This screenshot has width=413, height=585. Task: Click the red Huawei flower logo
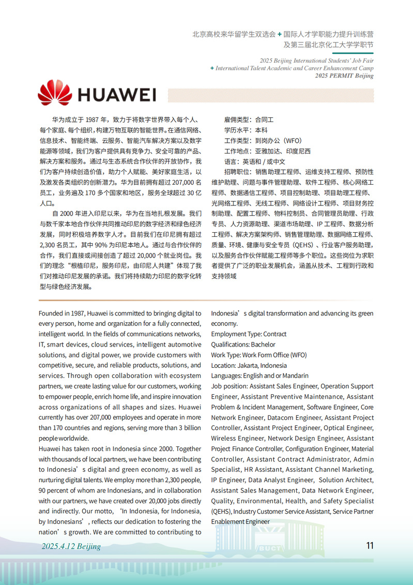point(54,94)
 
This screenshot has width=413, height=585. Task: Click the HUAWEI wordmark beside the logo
point(116,95)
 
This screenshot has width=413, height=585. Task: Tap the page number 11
point(369,546)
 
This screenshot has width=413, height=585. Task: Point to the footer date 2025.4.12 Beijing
point(71,546)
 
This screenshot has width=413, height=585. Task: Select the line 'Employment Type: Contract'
point(249,334)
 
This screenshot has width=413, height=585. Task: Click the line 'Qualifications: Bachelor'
point(243,344)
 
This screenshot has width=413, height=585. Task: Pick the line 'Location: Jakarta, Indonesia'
point(249,365)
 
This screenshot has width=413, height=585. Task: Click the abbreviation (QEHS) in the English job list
point(221,512)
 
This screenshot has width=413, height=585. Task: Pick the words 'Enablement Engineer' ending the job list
point(240,522)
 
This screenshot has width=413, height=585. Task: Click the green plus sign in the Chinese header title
point(280,34)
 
